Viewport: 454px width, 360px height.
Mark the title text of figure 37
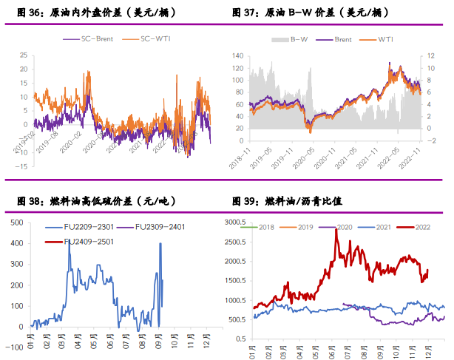click(310, 13)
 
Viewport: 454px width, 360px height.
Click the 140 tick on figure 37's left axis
click(237, 55)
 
